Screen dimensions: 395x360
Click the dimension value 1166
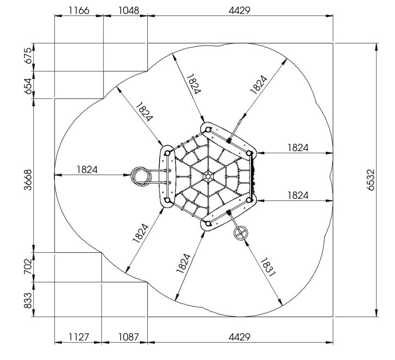click(79, 11)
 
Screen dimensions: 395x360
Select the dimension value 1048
click(129, 11)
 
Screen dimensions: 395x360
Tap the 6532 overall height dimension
click(370, 180)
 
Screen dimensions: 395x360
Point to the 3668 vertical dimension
click(28, 180)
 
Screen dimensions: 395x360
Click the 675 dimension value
click(28, 56)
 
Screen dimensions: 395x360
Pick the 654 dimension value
click(28, 86)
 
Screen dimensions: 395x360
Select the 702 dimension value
click(28, 267)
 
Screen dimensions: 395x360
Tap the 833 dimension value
click(28, 300)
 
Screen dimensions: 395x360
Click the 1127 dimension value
click(79, 337)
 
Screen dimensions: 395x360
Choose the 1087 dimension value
click(129, 337)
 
